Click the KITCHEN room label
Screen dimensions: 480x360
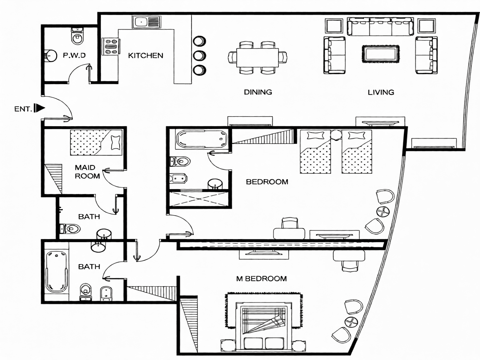coord(145,55)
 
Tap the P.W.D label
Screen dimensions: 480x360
coord(74,55)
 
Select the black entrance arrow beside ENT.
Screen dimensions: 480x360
coord(40,108)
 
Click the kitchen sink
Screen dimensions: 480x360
coord(147,22)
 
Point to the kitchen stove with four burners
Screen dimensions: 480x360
coord(110,47)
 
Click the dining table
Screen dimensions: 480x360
coord(257,57)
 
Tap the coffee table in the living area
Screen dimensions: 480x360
coord(380,54)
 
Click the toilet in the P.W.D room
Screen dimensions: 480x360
coord(77,36)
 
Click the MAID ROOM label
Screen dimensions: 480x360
coord(87,172)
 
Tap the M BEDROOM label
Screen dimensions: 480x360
coord(261,279)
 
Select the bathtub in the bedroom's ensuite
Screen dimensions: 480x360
coord(202,139)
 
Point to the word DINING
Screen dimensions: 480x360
coord(258,92)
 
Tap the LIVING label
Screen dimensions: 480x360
coord(381,92)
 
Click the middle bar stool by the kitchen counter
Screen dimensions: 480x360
coord(199,55)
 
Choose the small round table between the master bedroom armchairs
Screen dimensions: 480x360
coord(351,322)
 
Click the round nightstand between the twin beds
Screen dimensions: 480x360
coord(336,135)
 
